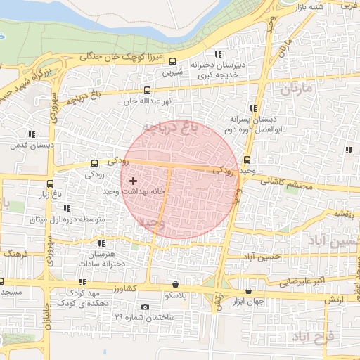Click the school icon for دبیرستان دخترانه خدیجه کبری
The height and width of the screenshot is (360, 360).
[x=218, y=55]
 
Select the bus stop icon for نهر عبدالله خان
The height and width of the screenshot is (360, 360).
[x=146, y=90]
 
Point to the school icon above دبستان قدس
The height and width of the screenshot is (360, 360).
[x=31, y=134]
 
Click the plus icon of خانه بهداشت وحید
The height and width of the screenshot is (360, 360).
[x=133, y=181]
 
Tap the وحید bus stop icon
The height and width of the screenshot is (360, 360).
[x=247, y=160]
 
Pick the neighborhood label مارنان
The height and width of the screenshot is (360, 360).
[x=295, y=89]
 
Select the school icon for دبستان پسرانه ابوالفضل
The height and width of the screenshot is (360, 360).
[x=252, y=108]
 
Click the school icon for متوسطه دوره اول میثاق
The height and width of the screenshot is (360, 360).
[x=67, y=208]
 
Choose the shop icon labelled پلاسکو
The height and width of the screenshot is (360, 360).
[x=175, y=285]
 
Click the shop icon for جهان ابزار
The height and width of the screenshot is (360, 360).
[x=248, y=290]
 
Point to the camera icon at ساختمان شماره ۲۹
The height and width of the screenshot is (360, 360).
[x=146, y=307]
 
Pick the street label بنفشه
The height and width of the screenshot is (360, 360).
[x=342, y=212]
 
